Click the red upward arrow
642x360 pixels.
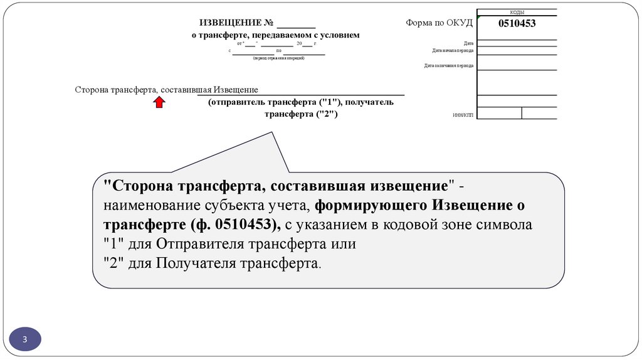[x=159, y=102]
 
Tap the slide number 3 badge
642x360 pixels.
[x=25, y=339]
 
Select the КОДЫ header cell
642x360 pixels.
[x=517, y=12]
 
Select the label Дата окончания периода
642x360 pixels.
[x=449, y=65]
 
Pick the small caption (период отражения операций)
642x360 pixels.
[x=278, y=58]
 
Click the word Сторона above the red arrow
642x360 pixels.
[x=91, y=90]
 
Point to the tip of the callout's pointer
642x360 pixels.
[x=272, y=132]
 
